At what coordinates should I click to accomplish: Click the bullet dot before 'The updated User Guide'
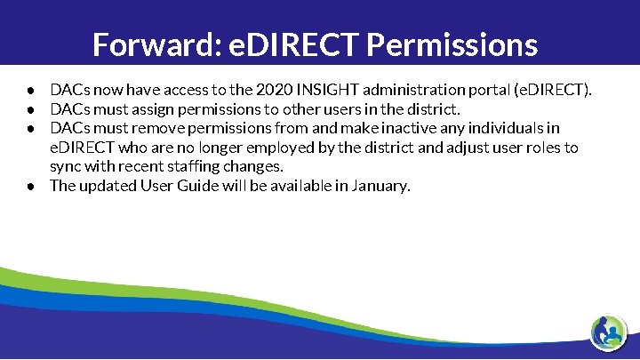[30, 187]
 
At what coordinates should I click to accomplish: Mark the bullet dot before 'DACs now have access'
[30, 91]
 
